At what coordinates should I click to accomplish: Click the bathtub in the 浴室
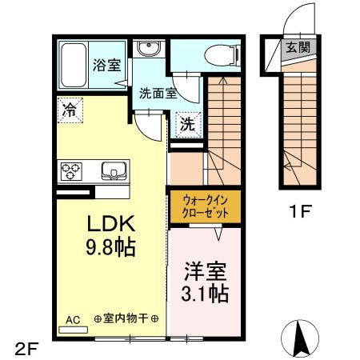(x=74, y=65)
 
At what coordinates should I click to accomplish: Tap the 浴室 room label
(x=107, y=65)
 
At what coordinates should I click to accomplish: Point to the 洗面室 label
(x=158, y=93)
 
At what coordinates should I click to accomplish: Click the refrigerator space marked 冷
(x=70, y=110)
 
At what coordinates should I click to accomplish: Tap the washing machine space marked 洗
(x=188, y=125)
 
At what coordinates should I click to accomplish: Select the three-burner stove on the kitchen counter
(x=71, y=171)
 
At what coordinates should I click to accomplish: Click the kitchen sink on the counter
(x=114, y=170)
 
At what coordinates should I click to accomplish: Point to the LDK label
(x=111, y=223)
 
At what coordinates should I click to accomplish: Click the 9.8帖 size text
(x=110, y=247)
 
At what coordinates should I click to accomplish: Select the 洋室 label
(x=206, y=271)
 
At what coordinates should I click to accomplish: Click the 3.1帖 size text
(x=205, y=294)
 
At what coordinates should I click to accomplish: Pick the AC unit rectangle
(x=73, y=330)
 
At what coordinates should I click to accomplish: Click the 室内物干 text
(x=126, y=318)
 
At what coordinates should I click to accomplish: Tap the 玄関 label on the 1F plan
(x=298, y=47)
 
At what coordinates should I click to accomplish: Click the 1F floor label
(x=300, y=211)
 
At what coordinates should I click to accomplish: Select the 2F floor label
(x=27, y=349)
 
